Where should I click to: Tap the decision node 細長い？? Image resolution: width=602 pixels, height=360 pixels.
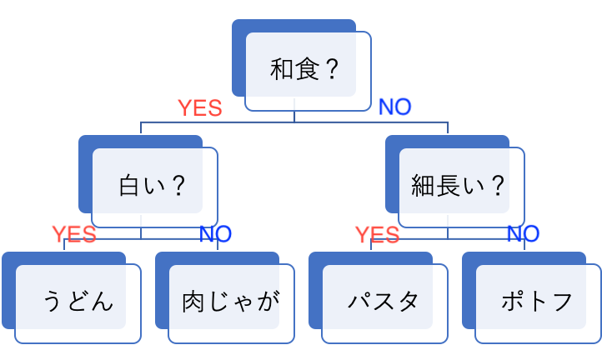point(459,185)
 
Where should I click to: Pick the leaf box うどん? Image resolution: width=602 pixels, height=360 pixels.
point(77,301)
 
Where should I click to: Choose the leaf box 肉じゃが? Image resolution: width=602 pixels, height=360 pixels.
point(230,301)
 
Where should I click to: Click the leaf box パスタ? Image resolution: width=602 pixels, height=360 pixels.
point(384,301)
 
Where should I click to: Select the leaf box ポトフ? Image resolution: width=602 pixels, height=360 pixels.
point(537,301)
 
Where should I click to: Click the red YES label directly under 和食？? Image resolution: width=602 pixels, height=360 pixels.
point(200,107)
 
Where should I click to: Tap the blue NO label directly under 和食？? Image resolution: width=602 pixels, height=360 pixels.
point(395,107)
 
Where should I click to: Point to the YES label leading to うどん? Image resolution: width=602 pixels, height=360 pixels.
point(73,234)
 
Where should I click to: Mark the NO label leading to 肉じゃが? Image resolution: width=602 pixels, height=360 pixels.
point(215,234)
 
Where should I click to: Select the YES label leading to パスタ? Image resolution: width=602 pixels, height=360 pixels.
point(377,235)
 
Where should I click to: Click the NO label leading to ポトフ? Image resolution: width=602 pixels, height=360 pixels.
point(523,234)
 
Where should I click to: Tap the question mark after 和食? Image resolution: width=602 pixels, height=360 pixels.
point(331,69)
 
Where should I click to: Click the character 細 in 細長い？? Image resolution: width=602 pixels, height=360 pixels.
point(424,186)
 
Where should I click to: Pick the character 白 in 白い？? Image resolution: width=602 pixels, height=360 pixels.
point(132,186)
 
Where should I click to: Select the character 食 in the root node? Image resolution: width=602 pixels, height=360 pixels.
point(306,69)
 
